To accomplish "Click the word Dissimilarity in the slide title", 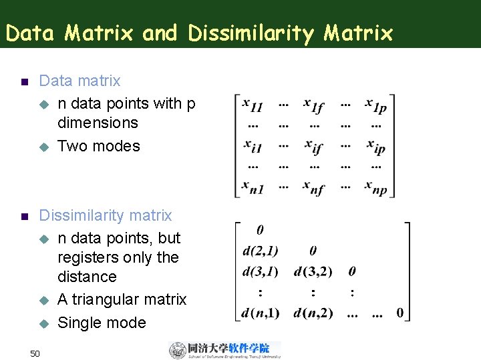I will (250, 33).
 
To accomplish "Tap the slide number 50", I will (36, 352).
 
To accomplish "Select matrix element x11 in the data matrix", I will (252, 105).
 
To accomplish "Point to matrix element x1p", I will (375, 105).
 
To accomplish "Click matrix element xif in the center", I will (313, 147).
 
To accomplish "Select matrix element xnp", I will (375, 188).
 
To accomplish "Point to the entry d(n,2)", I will (313, 313).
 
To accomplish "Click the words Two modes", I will (99, 146).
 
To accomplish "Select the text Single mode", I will (102, 323).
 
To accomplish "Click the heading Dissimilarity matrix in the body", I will (106, 215).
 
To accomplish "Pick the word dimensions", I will (98, 123).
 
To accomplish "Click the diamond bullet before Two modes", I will (45, 147).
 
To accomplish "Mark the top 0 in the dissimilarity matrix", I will (260, 230).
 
